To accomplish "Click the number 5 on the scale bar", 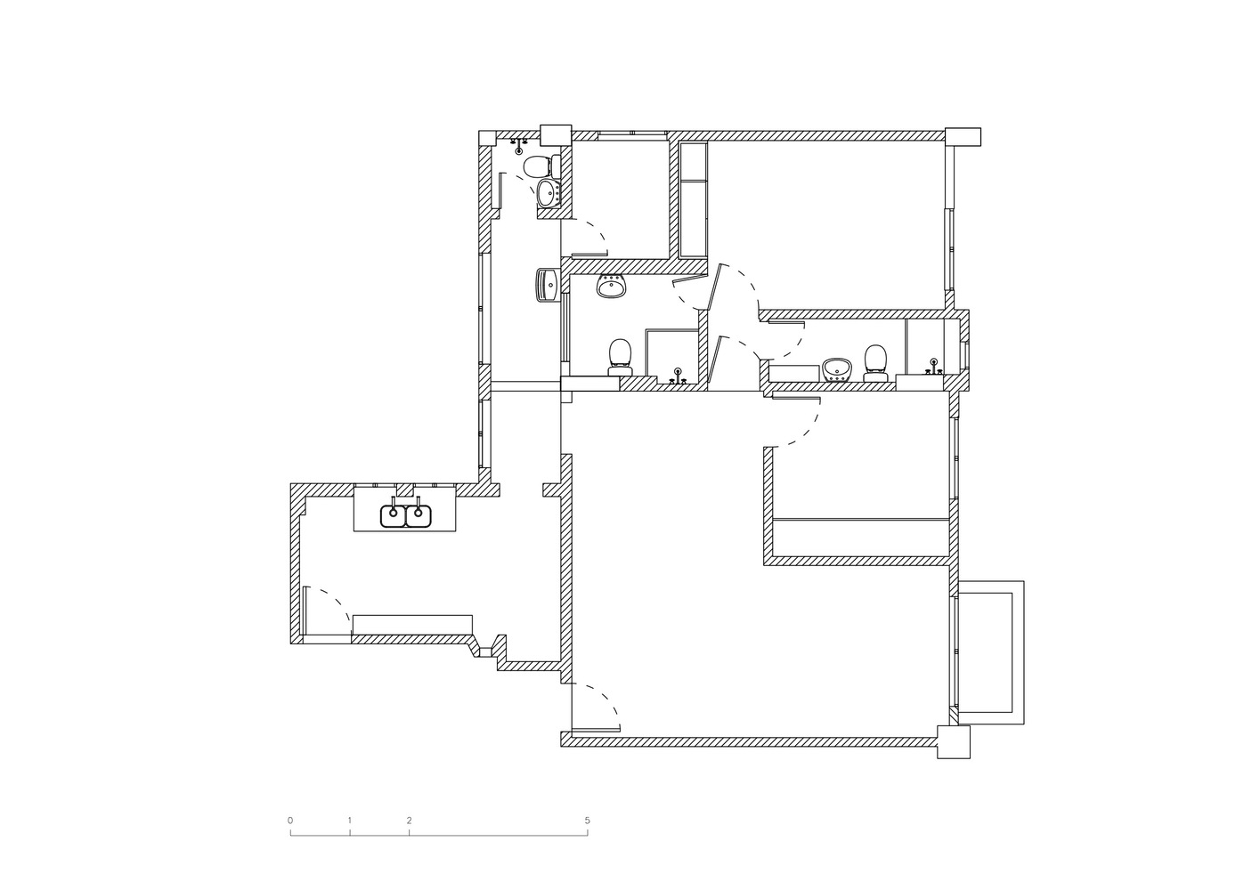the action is tap(587, 821).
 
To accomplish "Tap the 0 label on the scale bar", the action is tap(290, 821).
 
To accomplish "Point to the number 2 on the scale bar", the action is tap(409, 821).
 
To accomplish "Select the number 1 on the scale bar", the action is tap(349, 821).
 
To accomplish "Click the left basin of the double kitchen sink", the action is tap(394, 515).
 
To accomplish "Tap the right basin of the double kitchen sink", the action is tap(419, 515).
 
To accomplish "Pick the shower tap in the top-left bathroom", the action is tap(518, 146).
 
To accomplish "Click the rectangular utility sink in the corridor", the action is tap(153, 285).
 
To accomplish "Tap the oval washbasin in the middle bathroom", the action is tap(611, 287).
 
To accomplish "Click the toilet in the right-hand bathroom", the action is tap(876, 363).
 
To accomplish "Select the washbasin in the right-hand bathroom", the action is tap(837, 369).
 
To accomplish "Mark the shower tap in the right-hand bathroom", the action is tap(934, 367).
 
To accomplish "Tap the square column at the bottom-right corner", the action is tap(954, 741).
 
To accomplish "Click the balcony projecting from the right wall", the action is tap(991, 652).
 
